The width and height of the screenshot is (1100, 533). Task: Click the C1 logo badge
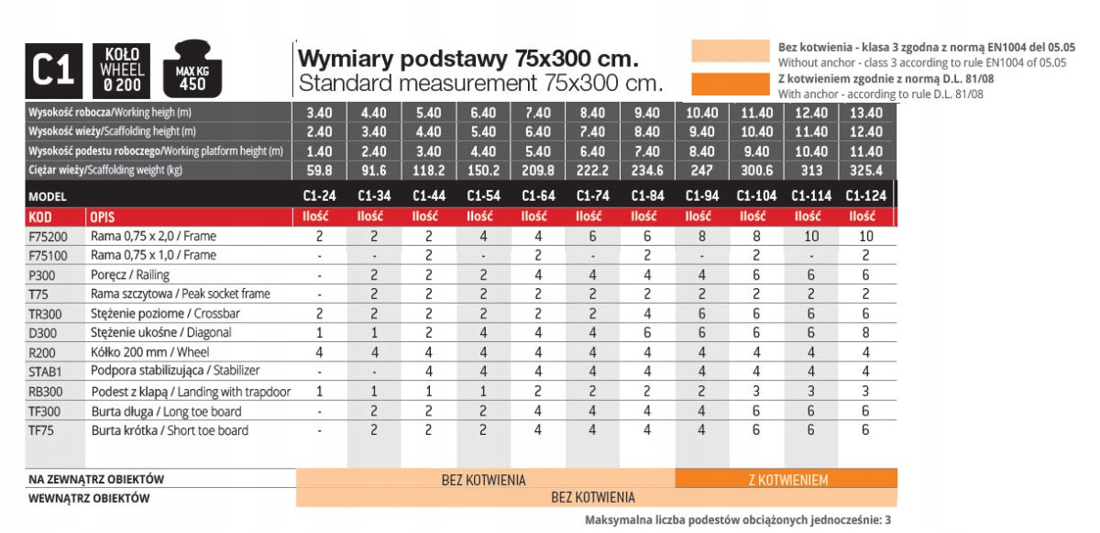[x=53, y=72]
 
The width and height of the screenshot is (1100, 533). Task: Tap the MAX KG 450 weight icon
[x=192, y=72]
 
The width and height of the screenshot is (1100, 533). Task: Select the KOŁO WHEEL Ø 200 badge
[x=123, y=72]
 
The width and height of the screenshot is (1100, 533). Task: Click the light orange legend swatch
[x=730, y=51]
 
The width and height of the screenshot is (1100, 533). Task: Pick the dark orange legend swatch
[x=730, y=83]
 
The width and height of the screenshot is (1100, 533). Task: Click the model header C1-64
[x=538, y=195]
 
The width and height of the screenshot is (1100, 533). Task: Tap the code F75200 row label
[x=46, y=236]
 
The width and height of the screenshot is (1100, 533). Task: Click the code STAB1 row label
[x=44, y=372]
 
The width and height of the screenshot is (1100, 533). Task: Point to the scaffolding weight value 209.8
[x=538, y=171]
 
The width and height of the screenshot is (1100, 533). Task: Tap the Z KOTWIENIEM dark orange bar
[x=786, y=479]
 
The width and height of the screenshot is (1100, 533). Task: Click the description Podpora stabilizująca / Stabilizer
[x=175, y=372]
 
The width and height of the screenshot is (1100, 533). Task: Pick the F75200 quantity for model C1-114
[x=810, y=236]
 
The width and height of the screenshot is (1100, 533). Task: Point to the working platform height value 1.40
[x=319, y=151]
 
